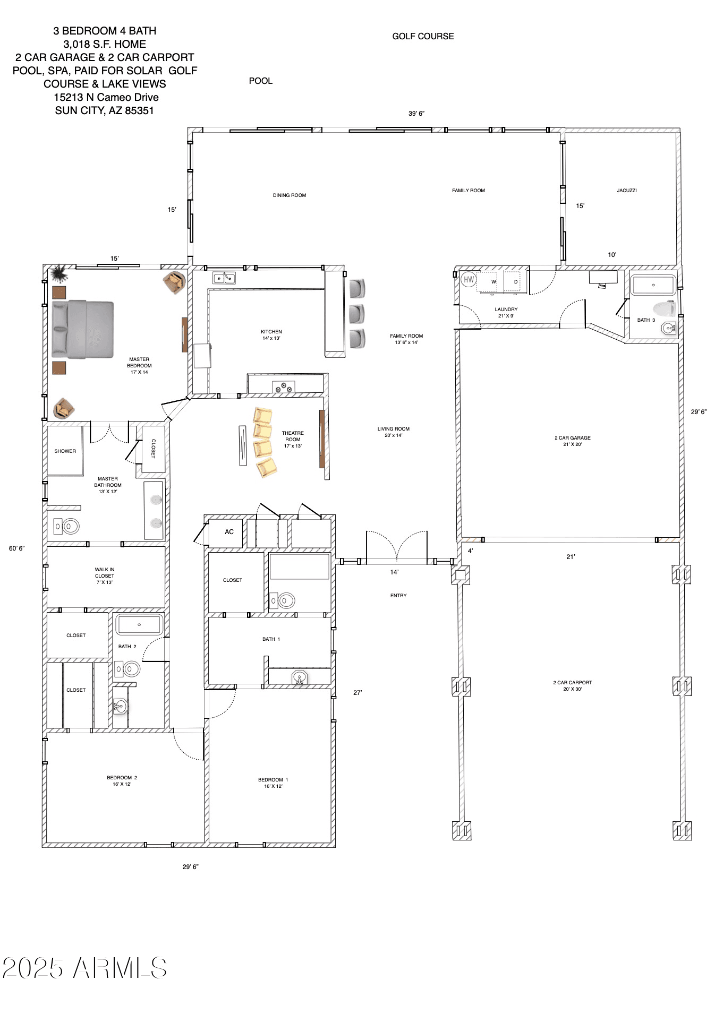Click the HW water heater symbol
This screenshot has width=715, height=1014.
click(x=469, y=279)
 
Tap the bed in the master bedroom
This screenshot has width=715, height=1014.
click(x=83, y=329)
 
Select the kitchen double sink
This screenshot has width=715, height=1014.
click(x=224, y=278)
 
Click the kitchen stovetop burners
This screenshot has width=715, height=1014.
click(x=284, y=387)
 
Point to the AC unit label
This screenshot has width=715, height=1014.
click(x=229, y=531)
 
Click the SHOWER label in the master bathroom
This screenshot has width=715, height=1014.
click(x=65, y=451)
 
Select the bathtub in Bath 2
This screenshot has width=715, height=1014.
click(x=139, y=624)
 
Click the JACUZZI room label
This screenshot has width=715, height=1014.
click(x=627, y=190)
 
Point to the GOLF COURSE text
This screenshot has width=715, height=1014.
click(x=423, y=36)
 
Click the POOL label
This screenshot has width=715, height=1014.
click(x=260, y=81)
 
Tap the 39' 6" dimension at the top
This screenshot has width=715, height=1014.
click(x=416, y=114)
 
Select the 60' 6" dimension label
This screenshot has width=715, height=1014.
click(x=16, y=548)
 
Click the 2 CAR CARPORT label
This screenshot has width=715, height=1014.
click(x=573, y=683)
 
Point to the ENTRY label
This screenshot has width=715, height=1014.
click(x=398, y=596)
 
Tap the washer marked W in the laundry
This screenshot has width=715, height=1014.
click(x=493, y=281)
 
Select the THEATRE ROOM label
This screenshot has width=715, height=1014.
click(x=293, y=436)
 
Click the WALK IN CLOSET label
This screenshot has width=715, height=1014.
click(x=105, y=573)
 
